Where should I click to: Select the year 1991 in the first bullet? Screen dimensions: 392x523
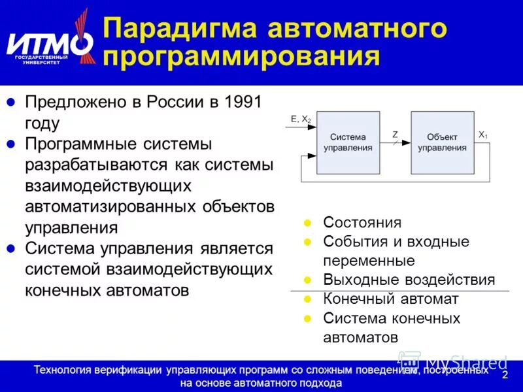click(x=242, y=103)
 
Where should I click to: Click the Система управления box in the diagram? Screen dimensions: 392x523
click(x=348, y=142)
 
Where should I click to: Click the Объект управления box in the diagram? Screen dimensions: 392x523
click(x=442, y=142)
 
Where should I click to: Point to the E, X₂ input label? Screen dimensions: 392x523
click(x=301, y=119)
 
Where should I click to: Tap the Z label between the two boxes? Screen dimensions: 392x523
click(x=395, y=135)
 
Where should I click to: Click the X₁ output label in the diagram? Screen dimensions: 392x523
click(x=482, y=135)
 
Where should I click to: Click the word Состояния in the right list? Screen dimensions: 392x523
click(x=362, y=223)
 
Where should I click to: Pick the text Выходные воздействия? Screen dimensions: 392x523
click(x=409, y=280)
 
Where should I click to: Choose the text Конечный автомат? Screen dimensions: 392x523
click(x=390, y=299)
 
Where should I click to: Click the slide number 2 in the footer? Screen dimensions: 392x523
click(x=504, y=375)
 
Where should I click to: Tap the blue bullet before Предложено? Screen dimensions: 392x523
click(x=10, y=103)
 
